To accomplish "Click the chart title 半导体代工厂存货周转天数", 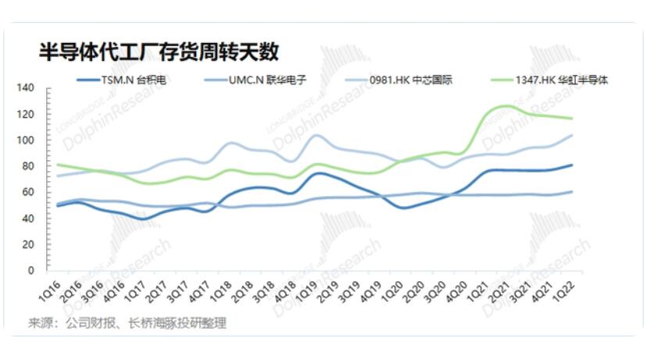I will coord(159,52).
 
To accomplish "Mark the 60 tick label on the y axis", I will coord(27,192).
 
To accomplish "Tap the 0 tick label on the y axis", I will coord(30,270).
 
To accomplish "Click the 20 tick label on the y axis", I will coord(27,244).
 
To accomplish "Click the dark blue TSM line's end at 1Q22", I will coord(594,165).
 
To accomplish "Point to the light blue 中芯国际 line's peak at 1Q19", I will coord(316,135).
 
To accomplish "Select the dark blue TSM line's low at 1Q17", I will coord(141,219).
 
